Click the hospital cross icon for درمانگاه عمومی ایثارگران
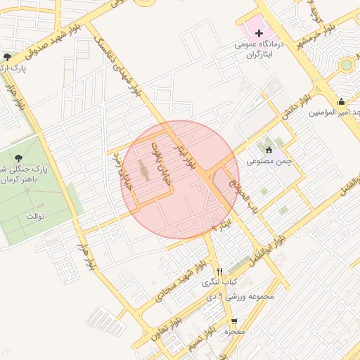259,33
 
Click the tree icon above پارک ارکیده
8,57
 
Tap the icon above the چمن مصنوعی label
269,149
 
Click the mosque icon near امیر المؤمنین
342,101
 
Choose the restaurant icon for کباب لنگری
220,271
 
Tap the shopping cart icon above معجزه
234,321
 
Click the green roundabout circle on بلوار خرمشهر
346,65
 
